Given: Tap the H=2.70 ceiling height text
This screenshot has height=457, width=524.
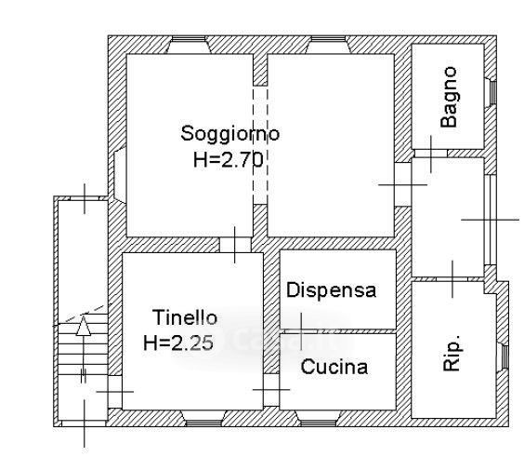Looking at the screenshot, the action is (229, 160).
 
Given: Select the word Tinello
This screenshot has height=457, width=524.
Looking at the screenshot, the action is (185, 317).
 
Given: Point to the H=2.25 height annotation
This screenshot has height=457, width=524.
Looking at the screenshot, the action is (178, 343).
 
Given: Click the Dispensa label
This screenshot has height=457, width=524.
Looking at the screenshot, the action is (331, 290).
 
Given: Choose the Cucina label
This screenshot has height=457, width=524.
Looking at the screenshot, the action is (334, 367).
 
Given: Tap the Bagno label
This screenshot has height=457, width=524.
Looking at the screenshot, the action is (449, 97).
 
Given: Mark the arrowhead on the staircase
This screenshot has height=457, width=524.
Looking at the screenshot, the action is (84, 325).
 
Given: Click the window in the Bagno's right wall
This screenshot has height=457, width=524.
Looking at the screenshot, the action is (493, 92).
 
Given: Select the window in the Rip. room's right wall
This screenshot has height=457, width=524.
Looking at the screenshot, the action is (504, 356).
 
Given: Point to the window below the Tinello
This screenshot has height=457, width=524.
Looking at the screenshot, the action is (203, 423).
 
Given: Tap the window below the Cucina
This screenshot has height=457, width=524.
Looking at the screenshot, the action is (319, 423).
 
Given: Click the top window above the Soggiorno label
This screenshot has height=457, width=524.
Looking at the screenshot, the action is (190, 39).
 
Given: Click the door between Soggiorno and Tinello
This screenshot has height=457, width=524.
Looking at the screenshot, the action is (235, 245).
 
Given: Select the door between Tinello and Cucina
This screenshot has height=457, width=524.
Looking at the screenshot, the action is (271, 390).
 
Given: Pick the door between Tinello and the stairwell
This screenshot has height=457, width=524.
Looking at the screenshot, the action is (115, 392).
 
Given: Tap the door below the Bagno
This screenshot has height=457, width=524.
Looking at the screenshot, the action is (431, 154).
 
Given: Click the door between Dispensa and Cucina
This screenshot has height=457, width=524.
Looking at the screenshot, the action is (301, 331).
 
